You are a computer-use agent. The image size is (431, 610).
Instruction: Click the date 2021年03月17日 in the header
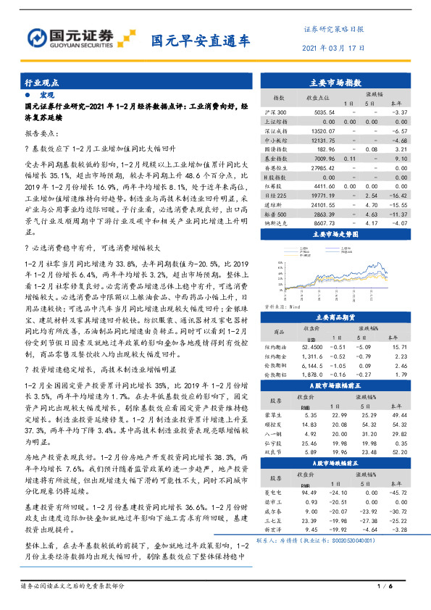click(x=332, y=48)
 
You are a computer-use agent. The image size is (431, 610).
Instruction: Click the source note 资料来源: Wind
click(x=280, y=306)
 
